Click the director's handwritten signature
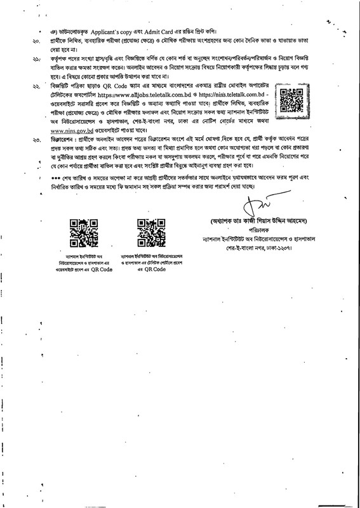253,205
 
